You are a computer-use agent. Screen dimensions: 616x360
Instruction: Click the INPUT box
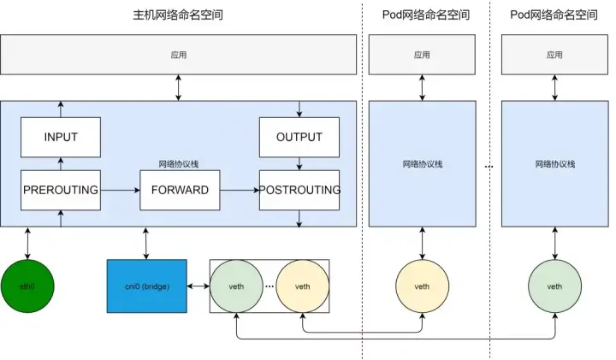(x=61, y=137)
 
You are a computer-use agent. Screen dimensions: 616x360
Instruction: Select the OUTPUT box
(x=299, y=137)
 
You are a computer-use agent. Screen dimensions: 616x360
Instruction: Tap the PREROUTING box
(x=61, y=190)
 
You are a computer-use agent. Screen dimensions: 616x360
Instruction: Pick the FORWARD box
(x=180, y=190)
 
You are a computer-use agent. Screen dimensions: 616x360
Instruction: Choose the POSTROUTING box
(x=299, y=190)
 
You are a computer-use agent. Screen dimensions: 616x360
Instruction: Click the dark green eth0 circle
(x=27, y=286)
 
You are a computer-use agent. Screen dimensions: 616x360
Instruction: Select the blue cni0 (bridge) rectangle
(x=147, y=286)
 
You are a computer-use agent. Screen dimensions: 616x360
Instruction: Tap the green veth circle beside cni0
(x=236, y=286)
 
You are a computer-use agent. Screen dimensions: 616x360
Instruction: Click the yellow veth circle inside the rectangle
(x=303, y=286)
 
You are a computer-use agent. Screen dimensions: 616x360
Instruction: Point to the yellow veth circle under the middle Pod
(x=423, y=286)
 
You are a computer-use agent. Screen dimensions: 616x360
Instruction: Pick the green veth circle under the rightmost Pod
(x=554, y=286)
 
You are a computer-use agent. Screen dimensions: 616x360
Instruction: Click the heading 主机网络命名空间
(x=178, y=15)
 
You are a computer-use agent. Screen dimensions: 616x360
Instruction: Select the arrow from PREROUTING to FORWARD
(x=121, y=191)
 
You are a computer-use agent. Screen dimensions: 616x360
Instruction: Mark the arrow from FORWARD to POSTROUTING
(x=240, y=191)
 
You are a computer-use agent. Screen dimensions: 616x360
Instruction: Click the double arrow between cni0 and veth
(x=198, y=286)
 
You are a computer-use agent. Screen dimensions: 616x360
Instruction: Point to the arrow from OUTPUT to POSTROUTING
(x=299, y=163)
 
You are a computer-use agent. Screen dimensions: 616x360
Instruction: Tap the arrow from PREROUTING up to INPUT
(x=61, y=163)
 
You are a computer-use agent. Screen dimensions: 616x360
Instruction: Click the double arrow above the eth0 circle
(x=27, y=244)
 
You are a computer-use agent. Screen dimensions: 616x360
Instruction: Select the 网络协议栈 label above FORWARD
(x=179, y=164)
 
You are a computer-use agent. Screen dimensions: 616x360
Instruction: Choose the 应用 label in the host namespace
(x=178, y=55)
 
